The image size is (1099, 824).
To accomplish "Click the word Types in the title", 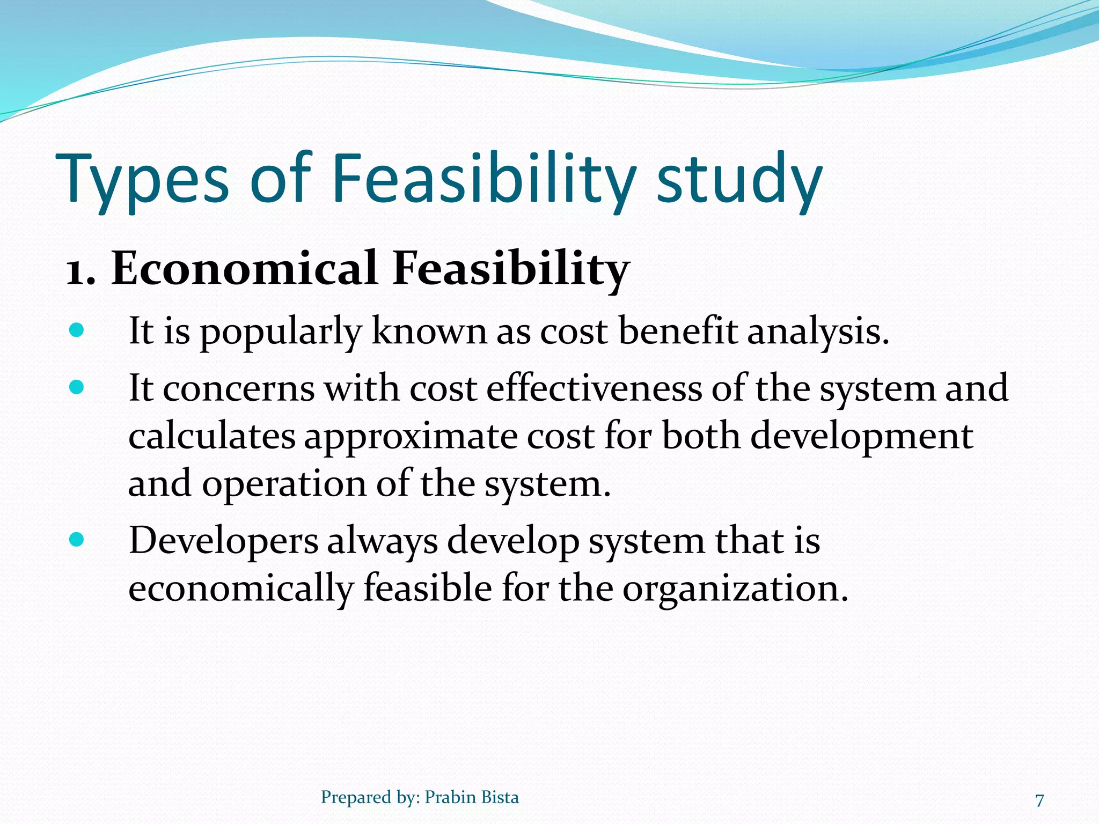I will click(142, 180).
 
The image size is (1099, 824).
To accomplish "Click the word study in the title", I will click(739, 180).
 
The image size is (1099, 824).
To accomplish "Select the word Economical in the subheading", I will click(244, 268).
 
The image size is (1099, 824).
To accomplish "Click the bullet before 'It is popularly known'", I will click(77, 330).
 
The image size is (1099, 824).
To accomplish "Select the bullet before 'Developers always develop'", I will click(77, 540).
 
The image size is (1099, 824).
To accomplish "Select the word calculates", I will click(212, 436).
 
